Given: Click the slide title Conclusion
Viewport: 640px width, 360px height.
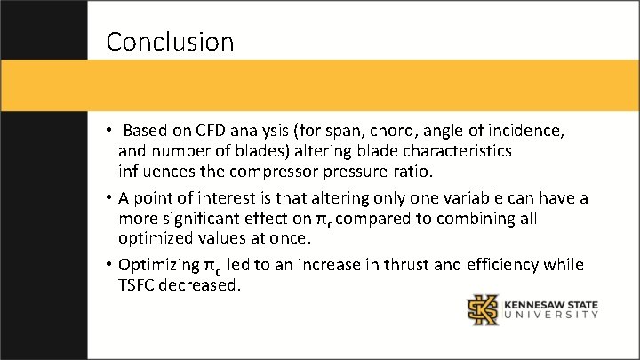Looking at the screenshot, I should pos(170,42).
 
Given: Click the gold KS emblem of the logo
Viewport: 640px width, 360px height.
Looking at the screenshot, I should pos(484,309).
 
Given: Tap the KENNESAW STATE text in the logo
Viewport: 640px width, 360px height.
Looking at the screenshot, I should pos(551,305).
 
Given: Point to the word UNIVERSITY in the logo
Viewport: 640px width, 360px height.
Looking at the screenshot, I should pos(551,316).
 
